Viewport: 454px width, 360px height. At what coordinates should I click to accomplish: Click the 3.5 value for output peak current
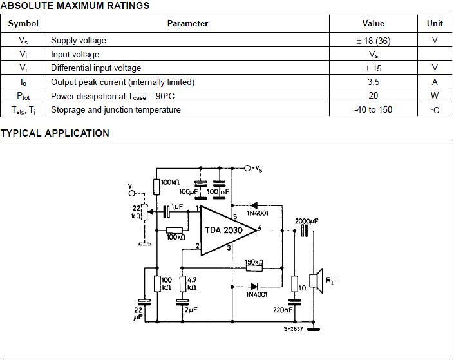coord(374,82)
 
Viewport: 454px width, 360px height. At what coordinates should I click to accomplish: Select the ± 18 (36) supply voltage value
coord(374,41)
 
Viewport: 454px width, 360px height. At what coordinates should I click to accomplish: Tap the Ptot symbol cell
coord(23,95)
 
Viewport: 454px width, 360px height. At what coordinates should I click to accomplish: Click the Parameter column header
coord(187,23)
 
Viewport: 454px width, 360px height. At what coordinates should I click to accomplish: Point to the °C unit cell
coord(435,110)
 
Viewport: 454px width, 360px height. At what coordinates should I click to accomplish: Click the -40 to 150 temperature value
coord(374,109)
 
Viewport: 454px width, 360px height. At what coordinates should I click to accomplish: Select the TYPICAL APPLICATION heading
coord(55,133)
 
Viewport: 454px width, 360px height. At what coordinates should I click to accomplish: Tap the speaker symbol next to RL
coord(316,281)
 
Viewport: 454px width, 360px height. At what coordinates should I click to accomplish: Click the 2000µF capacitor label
coord(307,222)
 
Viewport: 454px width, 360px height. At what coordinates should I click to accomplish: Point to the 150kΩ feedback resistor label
coord(254,262)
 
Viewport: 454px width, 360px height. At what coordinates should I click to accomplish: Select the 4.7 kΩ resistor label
coord(192,283)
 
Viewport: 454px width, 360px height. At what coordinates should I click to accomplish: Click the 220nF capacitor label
coord(283,310)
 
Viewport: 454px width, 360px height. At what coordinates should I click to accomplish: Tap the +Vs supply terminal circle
coord(247,168)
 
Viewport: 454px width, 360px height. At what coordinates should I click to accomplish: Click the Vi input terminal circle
coord(132,193)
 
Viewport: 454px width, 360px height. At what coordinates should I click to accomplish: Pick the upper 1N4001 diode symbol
coord(254,205)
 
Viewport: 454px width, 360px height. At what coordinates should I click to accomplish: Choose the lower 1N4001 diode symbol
coord(254,287)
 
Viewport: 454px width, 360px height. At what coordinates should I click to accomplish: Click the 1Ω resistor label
coord(302,288)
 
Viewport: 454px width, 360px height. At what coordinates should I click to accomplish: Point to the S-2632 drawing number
coord(293,328)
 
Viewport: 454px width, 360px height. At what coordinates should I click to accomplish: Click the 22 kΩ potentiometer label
coord(136,213)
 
